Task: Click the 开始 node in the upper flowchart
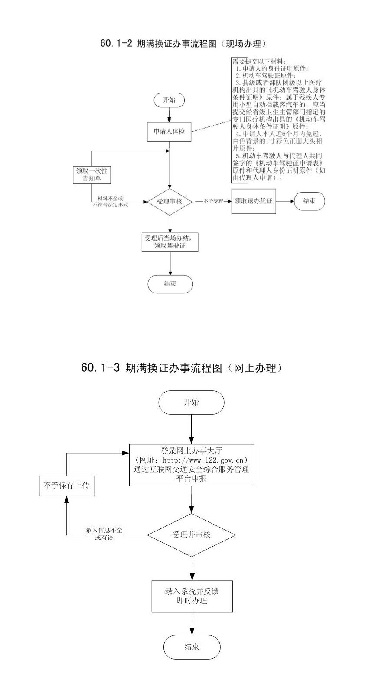point(169,100)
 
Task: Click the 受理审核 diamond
point(169,201)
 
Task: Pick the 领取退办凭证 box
point(254,201)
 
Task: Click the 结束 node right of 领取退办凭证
point(309,201)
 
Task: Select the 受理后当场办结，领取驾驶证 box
point(170,242)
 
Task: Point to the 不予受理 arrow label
point(212,201)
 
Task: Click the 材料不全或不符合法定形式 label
point(110,201)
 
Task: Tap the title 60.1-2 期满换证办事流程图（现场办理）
point(183,44)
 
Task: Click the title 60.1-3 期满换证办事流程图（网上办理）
point(182,368)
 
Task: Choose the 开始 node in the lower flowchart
point(191,402)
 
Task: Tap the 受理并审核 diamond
point(191,534)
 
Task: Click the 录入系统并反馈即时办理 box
point(191,596)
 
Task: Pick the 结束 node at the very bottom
point(192,647)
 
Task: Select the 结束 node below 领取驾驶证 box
point(170,284)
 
